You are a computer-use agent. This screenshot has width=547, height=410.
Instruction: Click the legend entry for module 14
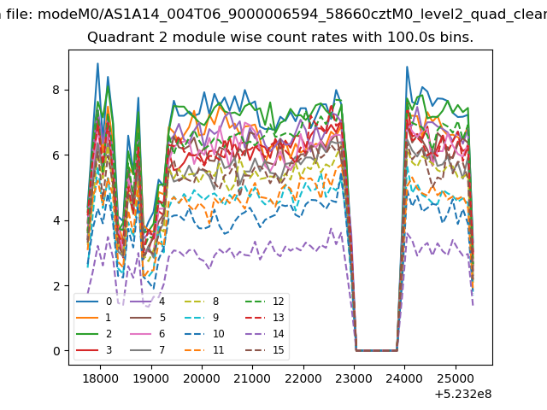click(x=265, y=334)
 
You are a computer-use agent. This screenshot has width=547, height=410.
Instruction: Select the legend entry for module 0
click(x=94, y=302)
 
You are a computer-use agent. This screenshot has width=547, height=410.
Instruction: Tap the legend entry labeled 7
click(x=147, y=349)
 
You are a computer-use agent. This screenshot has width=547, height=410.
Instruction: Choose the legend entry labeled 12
click(x=265, y=302)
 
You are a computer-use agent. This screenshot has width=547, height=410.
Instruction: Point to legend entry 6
click(x=147, y=334)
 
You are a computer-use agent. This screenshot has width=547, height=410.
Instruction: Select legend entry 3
click(x=94, y=349)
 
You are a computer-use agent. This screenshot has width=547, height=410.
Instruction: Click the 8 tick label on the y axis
click(x=56, y=90)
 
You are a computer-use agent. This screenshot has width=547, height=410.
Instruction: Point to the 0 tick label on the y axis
click(x=56, y=351)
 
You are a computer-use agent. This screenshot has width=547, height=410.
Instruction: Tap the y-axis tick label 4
click(x=56, y=220)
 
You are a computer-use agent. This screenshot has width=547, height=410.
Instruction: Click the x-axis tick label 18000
click(x=101, y=378)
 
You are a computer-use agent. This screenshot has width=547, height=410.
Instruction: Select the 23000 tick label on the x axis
click(x=354, y=378)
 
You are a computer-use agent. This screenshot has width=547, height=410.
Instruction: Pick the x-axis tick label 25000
click(x=456, y=378)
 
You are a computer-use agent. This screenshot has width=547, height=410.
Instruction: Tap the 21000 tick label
click(x=253, y=378)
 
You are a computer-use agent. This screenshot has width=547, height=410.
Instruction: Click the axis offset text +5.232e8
click(x=463, y=395)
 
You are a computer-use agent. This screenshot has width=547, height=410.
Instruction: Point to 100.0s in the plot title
click(x=409, y=37)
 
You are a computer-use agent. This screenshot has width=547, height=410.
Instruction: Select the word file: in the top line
click(x=21, y=15)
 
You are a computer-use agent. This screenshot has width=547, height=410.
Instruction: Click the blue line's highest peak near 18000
click(x=97, y=63)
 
